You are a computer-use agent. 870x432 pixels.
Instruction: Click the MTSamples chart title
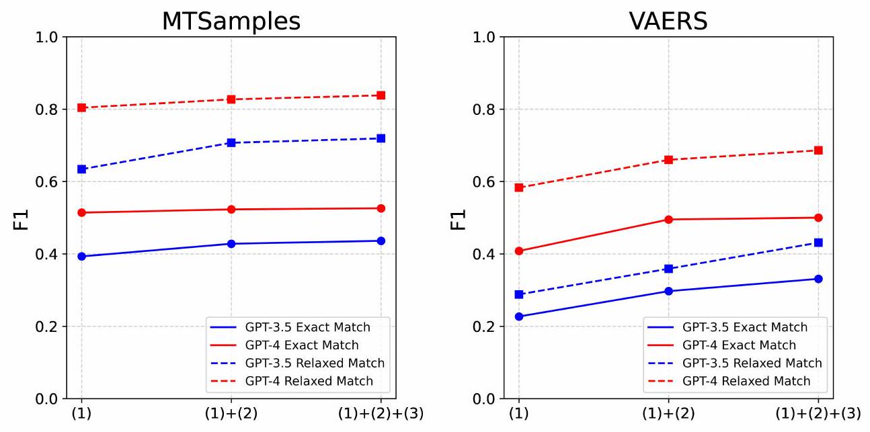(x=231, y=21)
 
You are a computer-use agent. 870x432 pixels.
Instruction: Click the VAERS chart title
(x=668, y=21)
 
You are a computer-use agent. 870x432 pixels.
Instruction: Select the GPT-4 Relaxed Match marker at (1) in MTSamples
(x=81, y=107)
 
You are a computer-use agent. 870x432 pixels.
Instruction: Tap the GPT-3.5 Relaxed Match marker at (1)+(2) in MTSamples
(x=231, y=142)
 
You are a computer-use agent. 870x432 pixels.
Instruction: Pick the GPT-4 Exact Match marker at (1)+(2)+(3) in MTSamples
(x=381, y=208)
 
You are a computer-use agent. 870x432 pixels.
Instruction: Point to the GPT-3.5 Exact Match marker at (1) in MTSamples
(x=81, y=256)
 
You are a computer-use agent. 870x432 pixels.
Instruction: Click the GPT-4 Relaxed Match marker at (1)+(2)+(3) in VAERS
(x=818, y=150)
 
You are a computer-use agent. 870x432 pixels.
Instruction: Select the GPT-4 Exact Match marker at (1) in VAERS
(x=518, y=251)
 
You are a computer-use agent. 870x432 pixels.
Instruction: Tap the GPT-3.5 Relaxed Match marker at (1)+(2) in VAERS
(x=668, y=269)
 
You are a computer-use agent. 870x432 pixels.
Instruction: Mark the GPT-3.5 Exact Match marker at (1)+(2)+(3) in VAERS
(x=818, y=279)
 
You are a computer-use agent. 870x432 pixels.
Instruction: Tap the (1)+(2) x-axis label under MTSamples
(x=231, y=414)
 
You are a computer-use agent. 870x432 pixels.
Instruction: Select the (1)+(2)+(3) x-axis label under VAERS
(x=818, y=414)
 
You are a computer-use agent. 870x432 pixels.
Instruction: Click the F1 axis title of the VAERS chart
(x=459, y=218)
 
